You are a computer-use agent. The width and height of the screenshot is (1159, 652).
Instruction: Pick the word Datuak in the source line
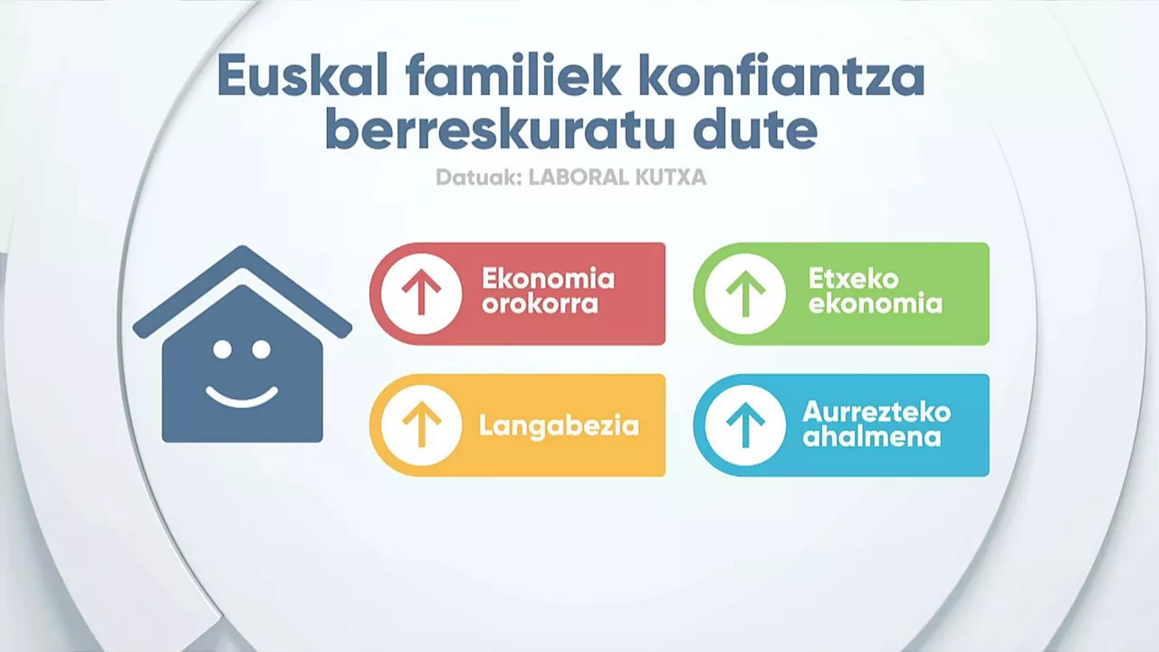click(478, 177)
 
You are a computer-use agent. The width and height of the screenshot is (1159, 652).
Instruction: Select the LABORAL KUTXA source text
click(618, 177)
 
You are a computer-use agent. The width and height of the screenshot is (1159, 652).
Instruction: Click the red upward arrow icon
click(421, 293)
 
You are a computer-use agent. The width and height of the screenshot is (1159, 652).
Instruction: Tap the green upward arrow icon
click(745, 293)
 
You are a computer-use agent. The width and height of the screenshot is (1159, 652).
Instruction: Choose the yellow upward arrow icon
click(421, 425)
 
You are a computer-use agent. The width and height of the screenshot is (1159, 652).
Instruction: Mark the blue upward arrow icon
click(745, 425)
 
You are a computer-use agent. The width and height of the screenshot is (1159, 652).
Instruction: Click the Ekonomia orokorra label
click(549, 291)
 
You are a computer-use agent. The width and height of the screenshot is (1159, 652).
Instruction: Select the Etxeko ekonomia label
click(875, 291)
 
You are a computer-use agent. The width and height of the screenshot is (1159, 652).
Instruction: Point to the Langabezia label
click(559, 427)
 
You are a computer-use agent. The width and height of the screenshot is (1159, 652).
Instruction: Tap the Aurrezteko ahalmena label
click(876, 425)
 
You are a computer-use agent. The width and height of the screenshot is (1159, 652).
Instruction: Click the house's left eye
click(223, 350)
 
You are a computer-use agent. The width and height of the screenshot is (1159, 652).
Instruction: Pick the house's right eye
click(262, 350)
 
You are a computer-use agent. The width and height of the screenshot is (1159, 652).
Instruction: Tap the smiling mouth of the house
click(242, 399)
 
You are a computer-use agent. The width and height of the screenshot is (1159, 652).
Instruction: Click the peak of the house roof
click(242, 248)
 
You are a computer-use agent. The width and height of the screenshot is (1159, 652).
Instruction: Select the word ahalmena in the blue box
click(871, 437)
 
